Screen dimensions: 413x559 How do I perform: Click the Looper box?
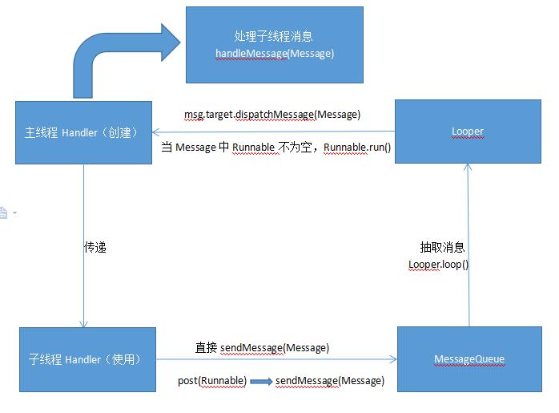click(467, 132)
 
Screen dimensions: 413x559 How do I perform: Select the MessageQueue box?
click(469, 358)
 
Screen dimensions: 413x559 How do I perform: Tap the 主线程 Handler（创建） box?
click(83, 132)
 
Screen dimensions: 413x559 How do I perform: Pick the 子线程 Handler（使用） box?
click(87, 359)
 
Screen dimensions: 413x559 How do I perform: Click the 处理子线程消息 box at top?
click(274, 45)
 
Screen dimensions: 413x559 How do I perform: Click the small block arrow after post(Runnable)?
click(261, 382)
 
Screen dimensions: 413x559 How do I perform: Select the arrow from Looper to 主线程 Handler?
click(272, 132)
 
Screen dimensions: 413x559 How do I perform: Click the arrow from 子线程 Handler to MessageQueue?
click(276, 359)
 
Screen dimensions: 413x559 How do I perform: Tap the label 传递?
click(95, 248)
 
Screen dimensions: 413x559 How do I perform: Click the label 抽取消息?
click(442, 248)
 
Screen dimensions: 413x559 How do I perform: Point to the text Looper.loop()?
click(438, 264)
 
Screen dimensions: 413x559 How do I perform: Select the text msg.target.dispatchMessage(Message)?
click(272, 115)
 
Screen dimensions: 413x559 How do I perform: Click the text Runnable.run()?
click(357, 148)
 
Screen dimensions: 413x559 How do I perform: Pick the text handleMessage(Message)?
click(275, 53)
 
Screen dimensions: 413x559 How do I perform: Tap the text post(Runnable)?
click(211, 381)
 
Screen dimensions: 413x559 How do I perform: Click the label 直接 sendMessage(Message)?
click(262, 348)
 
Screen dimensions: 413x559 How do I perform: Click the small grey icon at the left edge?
click(4, 213)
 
